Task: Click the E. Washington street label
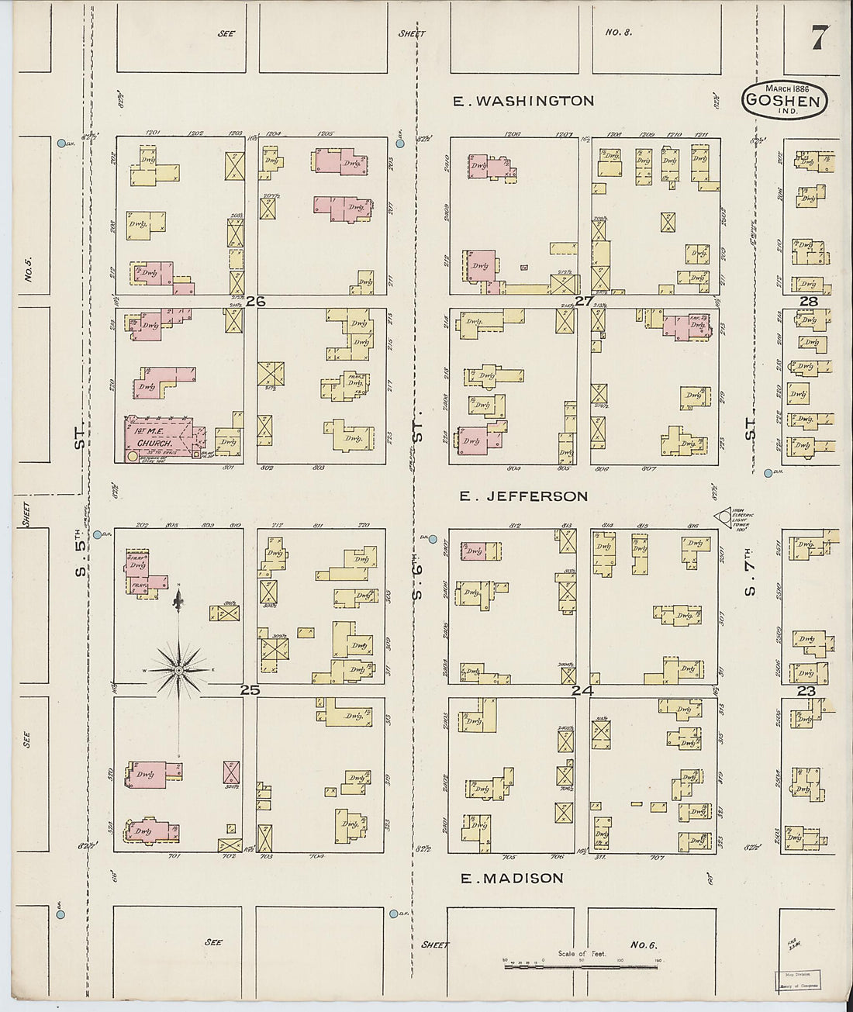(523, 101)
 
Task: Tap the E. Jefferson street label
(523, 496)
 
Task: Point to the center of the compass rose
(178, 669)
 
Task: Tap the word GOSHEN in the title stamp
(786, 99)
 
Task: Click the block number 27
(583, 301)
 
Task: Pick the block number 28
(809, 301)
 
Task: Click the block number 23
(806, 690)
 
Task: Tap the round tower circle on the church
(133, 457)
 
